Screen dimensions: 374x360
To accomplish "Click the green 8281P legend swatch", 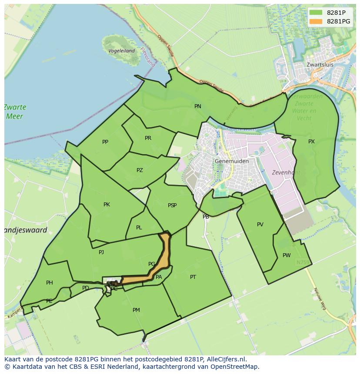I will [x=316, y=13].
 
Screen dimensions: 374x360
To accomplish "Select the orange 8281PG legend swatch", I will [x=316, y=21].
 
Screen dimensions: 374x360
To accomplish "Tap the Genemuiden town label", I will [x=232, y=161].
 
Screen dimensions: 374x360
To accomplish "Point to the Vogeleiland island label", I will [x=121, y=51].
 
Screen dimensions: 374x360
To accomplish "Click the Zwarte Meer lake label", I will [x=15, y=112].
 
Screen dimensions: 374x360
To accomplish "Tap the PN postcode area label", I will [x=198, y=106].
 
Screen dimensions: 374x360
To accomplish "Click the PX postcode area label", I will [x=311, y=142].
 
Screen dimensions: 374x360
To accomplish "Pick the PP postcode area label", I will [x=105, y=142].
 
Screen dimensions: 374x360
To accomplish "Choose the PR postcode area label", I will [x=148, y=138].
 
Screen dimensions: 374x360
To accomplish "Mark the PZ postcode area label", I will [x=140, y=170].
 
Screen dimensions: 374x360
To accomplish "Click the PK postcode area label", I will [x=107, y=205].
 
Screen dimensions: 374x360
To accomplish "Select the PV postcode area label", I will [x=260, y=225].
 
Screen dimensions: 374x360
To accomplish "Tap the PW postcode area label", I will [x=286, y=255].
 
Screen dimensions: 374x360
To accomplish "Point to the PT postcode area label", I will [x=193, y=277].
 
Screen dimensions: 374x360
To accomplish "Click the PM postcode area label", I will [x=136, y=310].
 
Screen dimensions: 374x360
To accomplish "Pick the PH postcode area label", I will [x=50, y=283].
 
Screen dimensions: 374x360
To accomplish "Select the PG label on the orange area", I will [x=152, y=264].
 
